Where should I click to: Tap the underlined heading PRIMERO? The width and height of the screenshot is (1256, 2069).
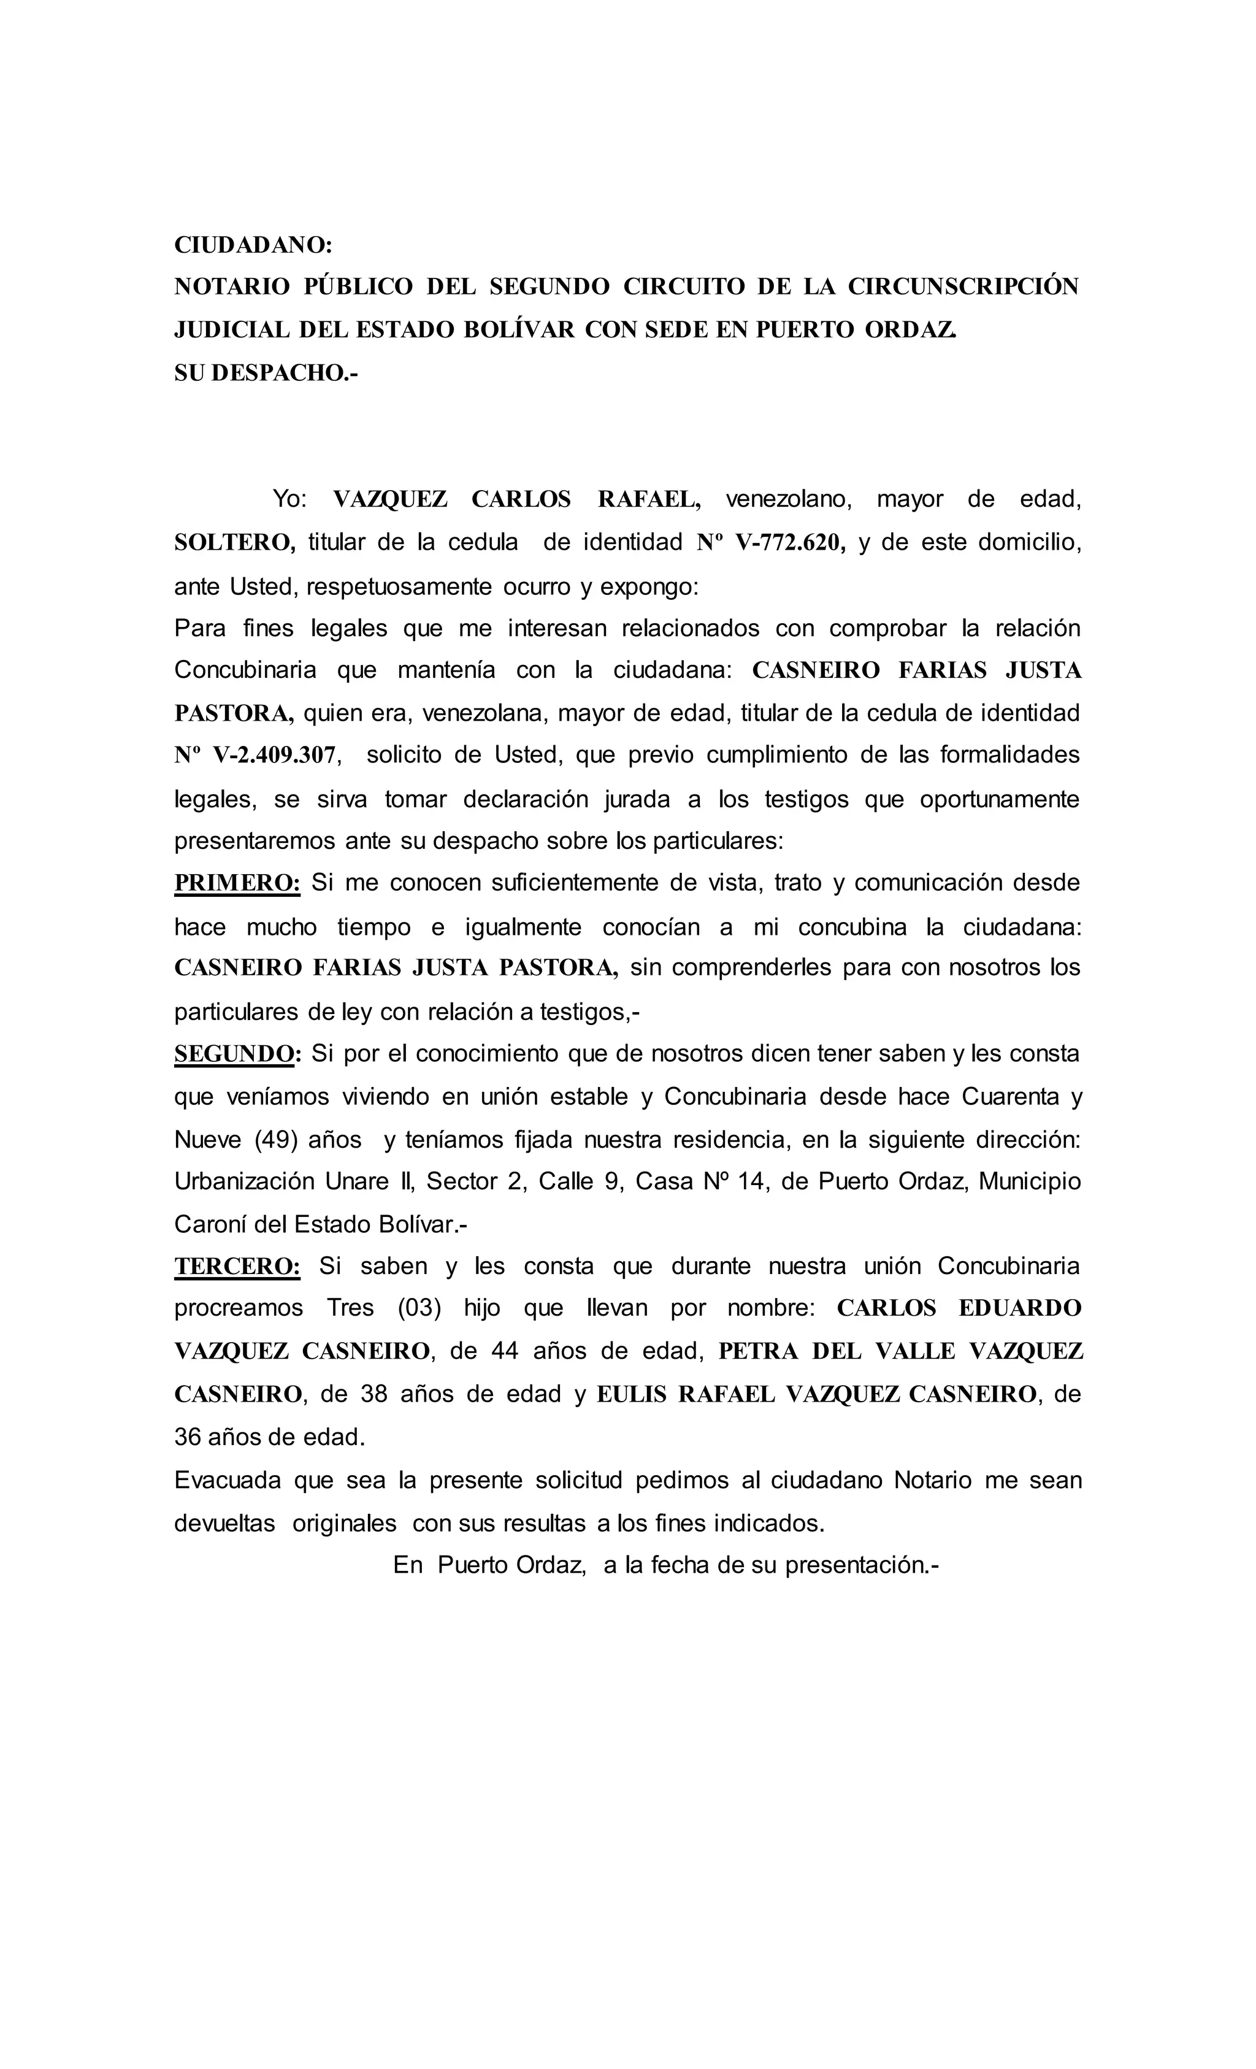click(x=237, y=883)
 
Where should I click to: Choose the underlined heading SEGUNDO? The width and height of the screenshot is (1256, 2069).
click(x=237, y=1054)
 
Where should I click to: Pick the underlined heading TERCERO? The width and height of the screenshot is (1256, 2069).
click(x=237, y=1266)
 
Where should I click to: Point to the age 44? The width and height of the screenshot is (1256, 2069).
click(x=505, y=1351)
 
